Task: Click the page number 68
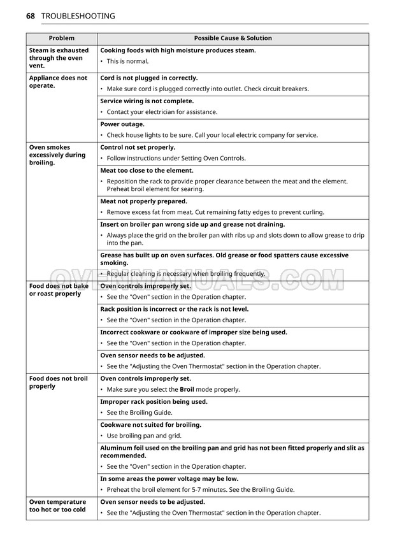click(30, 16)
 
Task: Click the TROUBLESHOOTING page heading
click(78, 16)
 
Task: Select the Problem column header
click(61, 38)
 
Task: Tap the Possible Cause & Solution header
click(233, 38)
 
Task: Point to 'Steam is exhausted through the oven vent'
click(56, 58)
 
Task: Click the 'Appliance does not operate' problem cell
click(58, 82)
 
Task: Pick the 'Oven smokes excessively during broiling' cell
click(57, 155)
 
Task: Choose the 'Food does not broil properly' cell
click(59, 382)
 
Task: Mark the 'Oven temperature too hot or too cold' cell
click(57, 506)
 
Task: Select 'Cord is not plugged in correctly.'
click(149, 78)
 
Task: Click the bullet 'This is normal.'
click(127, 61)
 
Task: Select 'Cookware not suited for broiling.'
click(150, 425)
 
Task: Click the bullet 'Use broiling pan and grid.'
click(144, 436)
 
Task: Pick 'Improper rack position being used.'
click(154, 402)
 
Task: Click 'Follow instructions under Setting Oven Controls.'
click(176, 158)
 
